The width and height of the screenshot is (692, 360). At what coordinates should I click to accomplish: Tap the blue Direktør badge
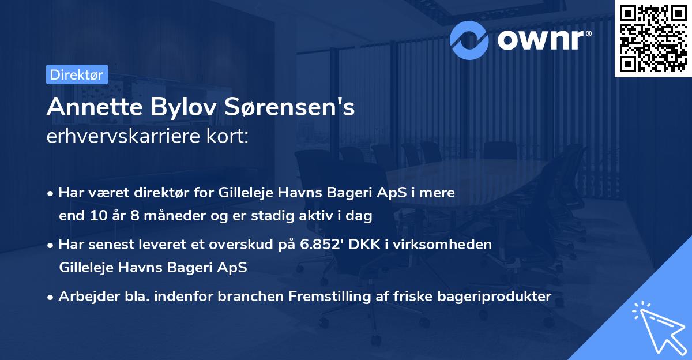click(x=77, y=74)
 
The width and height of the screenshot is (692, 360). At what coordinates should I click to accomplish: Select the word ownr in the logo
click(x=541, y=39)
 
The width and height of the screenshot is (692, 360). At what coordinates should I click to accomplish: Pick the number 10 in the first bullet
click(x=95, y=216)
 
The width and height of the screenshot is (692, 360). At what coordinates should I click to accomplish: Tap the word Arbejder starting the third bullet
click(x=85, y=296)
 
